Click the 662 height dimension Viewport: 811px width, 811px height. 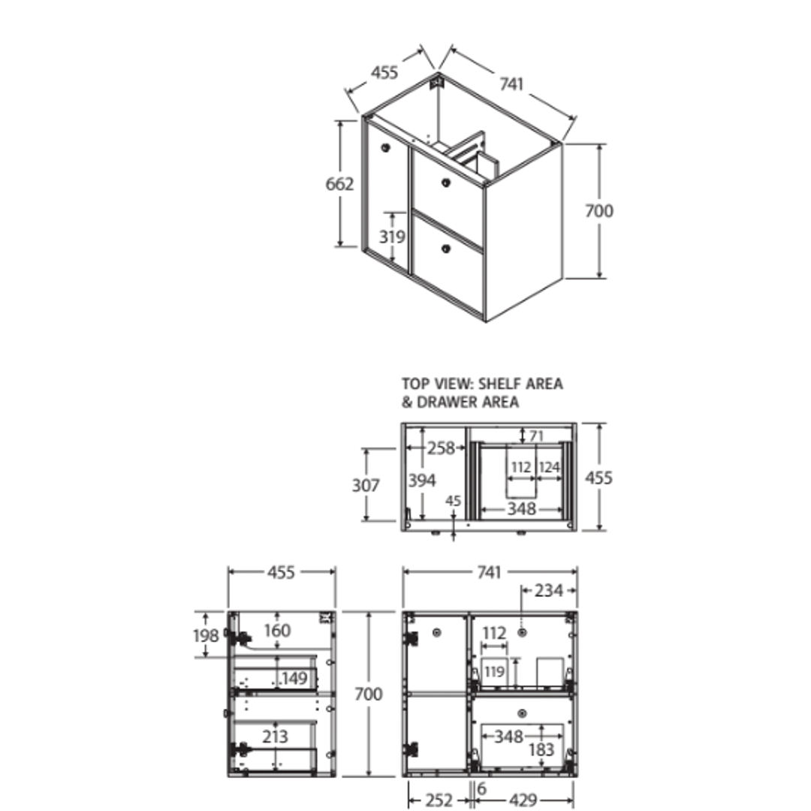(340, 182)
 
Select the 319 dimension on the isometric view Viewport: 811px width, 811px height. (392, 237)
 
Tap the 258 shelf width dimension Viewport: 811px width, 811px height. (441, 448)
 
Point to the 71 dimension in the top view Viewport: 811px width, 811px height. (536, 435)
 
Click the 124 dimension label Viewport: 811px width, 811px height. (549, 468)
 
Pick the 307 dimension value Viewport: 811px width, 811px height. (366, 486)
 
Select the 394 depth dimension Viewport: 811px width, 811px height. (422, 481)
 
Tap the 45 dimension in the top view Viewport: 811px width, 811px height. (453, 501)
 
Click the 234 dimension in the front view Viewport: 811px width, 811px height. (548, 591)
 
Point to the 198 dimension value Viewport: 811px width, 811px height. (206, 636)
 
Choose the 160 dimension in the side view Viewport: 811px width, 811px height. (277, 631)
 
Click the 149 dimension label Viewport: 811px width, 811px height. (294, 679)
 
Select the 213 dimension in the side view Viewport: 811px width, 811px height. (275, 737)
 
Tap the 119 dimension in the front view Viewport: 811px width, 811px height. (494, 671)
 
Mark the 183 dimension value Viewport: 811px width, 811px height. (541, 749)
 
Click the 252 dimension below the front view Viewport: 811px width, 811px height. (438, 800)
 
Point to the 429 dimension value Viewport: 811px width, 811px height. (523, 800)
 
